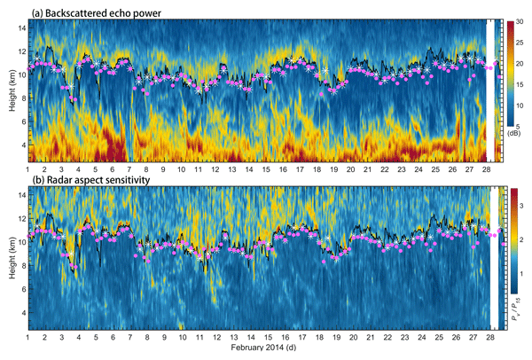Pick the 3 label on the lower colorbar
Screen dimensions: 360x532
pyautogui.click(x=522, y=206)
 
